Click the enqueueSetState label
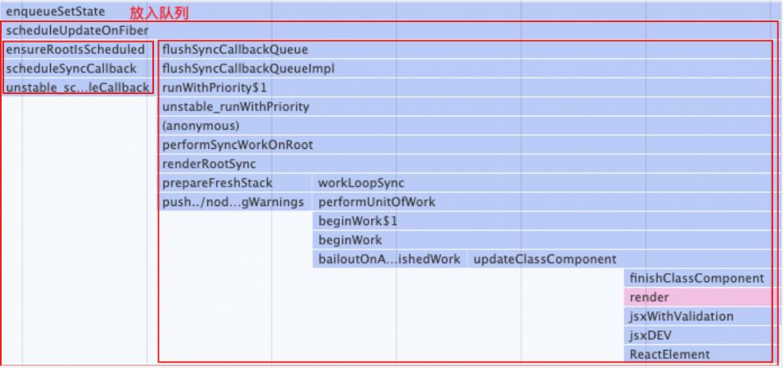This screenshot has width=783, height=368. point(56,11)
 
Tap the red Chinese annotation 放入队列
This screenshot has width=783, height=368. point(159,13)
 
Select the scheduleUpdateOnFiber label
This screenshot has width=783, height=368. point(78,31)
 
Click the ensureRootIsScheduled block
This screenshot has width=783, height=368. point(77,50)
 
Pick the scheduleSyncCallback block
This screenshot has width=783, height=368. point(77,69)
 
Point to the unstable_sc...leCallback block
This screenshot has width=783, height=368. point(77,88)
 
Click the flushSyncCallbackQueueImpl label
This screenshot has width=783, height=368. point(248,69)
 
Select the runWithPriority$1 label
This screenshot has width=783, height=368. point(215,88)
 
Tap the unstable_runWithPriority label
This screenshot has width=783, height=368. point(236,106)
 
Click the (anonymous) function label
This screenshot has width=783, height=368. point(201,126)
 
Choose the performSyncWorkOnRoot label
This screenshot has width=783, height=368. point(238,145)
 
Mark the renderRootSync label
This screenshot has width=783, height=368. point(209,164)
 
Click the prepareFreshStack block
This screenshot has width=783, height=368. point(235,183)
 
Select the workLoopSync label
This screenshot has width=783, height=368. point(361,183)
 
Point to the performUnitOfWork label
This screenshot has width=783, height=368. point(377,202)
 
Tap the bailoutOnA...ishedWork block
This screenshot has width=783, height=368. point(390,259)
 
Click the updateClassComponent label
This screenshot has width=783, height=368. point(545,259)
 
